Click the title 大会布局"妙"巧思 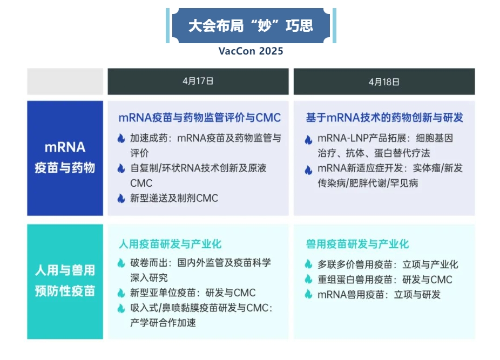(x=251, y=26)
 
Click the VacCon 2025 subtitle (x=251, y=51)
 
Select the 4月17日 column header (x=198, y=81)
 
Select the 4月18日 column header (x=384, y=81)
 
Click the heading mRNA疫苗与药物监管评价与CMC (x=200, y=118)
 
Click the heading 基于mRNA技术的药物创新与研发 (x=384, y=118)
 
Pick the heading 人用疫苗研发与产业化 (x=170, y=244)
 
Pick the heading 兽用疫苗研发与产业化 (x=357, y=244)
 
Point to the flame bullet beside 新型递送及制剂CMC (x=121, y=198)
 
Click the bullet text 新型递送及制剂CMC (x=174, y=198)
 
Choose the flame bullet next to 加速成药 (x=121, y=138)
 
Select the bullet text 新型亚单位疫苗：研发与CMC (x=193, y=293)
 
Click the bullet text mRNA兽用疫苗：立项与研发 (x=379, y=295)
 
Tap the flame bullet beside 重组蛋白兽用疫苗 (x=308, y=279)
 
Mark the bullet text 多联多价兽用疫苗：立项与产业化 (x=388, y=264)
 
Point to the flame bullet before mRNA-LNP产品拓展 (x=308, y=140)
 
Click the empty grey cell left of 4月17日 (x=65, y=81)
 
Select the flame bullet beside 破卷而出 (x=121, y=263)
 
